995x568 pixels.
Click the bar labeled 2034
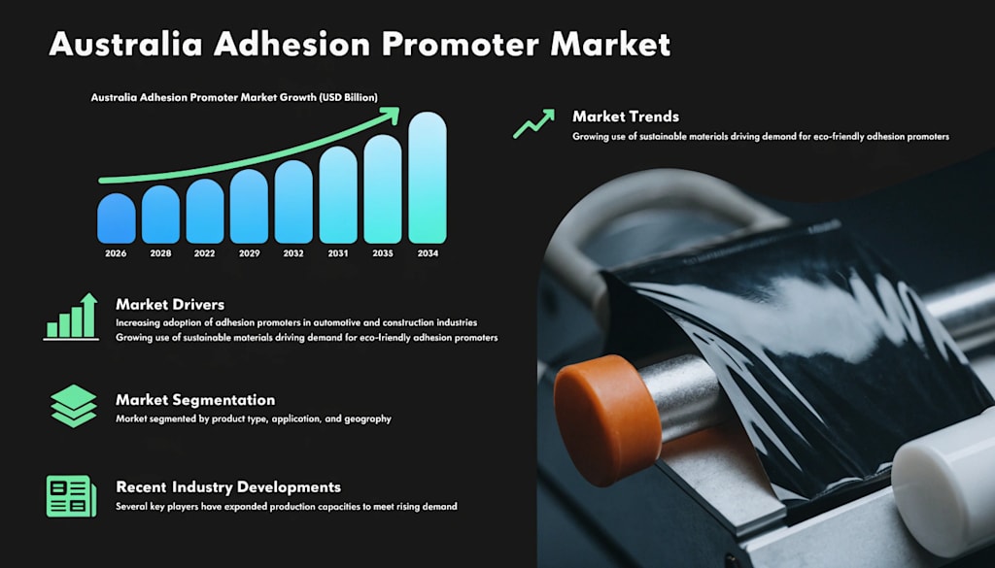(x=428, y=178)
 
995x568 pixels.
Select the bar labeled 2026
(x=117, y=218)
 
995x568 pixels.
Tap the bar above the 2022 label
(x=205, y=211)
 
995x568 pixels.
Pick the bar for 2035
(x=383, y=189)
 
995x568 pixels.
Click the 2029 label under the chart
(x=250, y=253)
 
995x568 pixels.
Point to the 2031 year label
(x=338, y=253)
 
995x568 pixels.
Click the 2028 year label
(x=160, y=253)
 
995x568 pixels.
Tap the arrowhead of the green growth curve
(x=393, y=115)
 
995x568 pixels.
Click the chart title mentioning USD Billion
(x=234, y=98)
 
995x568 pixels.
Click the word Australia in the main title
(x=125, y=45)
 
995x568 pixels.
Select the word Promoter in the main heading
(x=460, y=45)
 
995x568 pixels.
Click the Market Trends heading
(x=626, y=117)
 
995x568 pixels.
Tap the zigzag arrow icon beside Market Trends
(x=533, y=123)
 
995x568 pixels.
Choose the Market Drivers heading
(x=170, y=305)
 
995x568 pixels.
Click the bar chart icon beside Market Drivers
(x=71, y=317)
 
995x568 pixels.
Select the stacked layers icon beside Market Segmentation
(x=74, y=406)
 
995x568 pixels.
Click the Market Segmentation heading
(x=195, y=400)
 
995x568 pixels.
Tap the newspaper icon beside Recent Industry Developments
(x=72, y=496)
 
